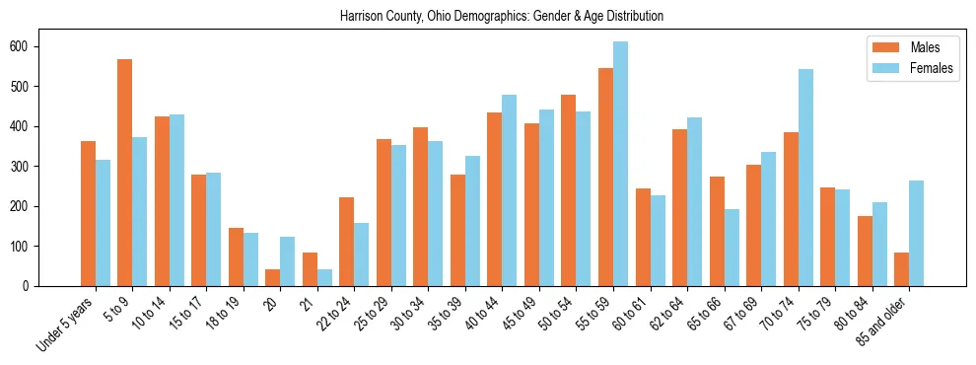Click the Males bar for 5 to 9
[x=124, y=173]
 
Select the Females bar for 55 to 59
[x=620, y=164]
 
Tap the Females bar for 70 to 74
[x=805, y=178]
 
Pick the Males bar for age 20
[x=272, y=277]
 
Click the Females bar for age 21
[x=324, y=277]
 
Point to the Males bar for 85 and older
[x=901, y=269]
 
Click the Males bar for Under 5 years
[x=88, y=213]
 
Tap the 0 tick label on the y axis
[x=32, y=286]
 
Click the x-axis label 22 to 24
[x=333, y=313]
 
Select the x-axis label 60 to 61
[x=629, y=313]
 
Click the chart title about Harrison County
[x=502, y=17]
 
